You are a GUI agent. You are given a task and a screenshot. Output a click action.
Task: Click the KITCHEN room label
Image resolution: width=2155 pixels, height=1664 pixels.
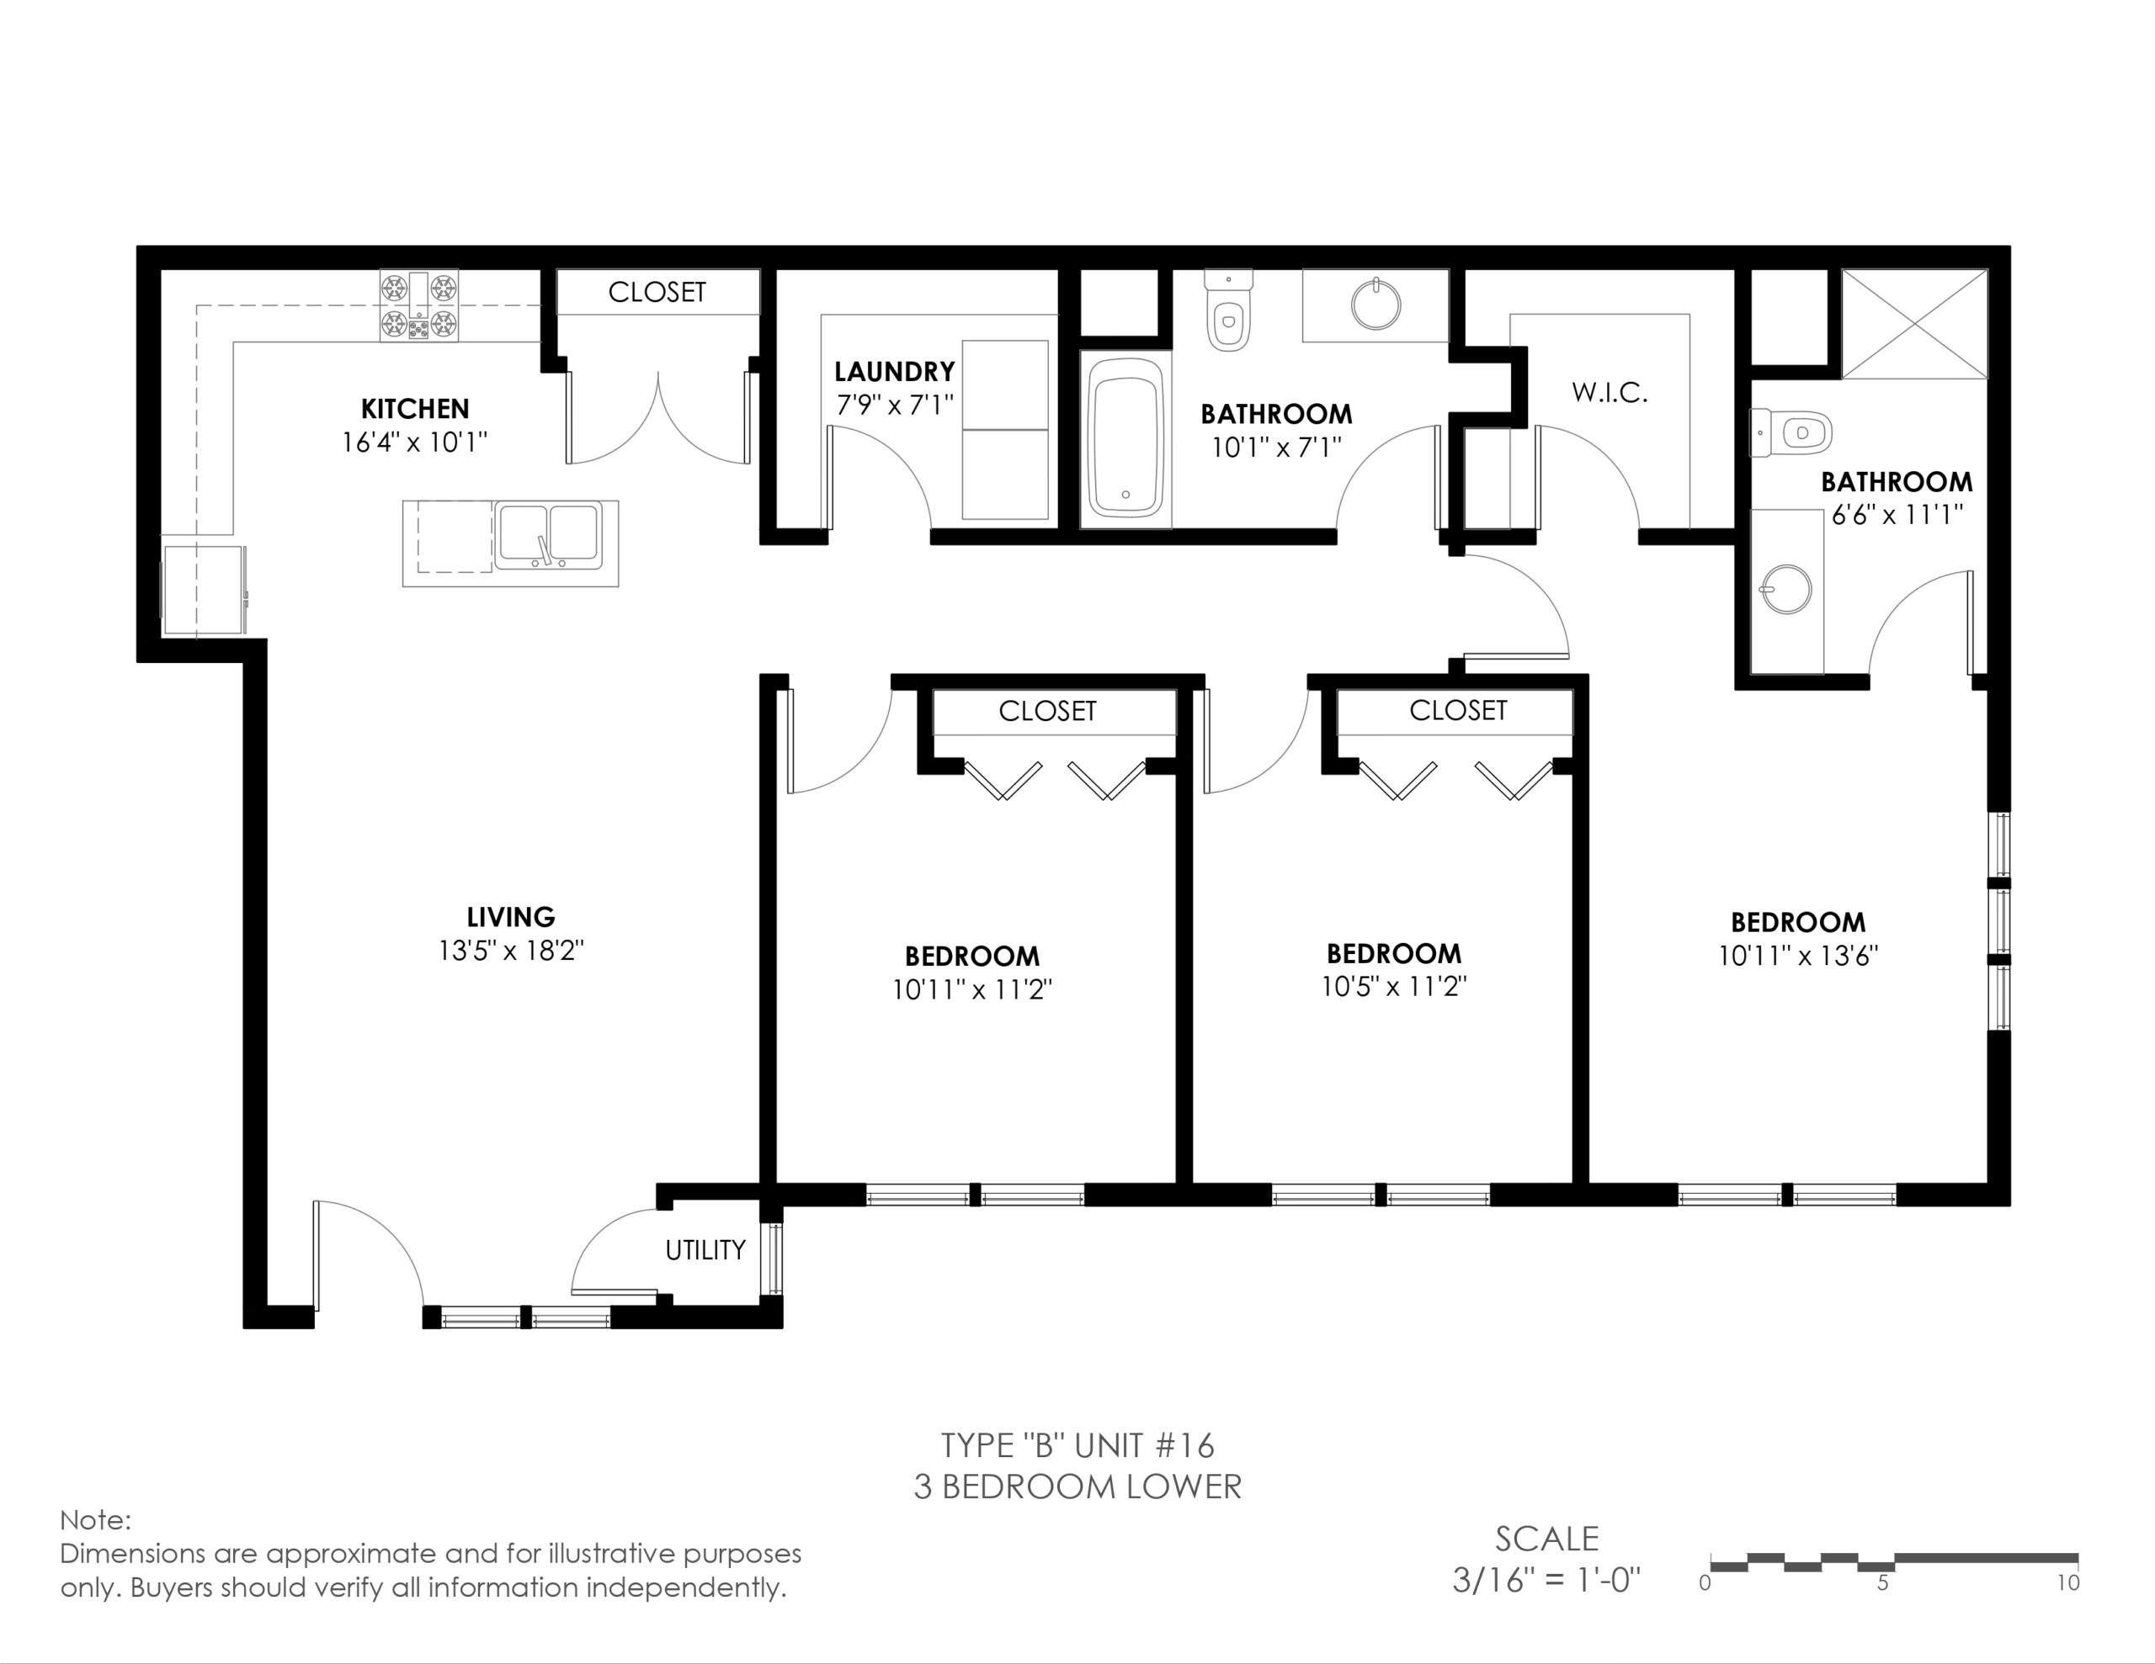(x=414, y=408)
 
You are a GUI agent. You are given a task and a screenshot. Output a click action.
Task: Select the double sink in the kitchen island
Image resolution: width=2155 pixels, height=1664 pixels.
(x=549, y=534)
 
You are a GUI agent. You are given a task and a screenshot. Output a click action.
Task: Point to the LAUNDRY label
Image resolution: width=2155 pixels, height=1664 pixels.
(x=894, y=372)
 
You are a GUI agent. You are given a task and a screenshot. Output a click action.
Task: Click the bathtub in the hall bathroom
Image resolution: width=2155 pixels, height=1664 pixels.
(x=1125, y=438)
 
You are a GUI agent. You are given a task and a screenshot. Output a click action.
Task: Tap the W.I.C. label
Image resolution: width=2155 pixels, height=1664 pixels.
(x=1610, y=393)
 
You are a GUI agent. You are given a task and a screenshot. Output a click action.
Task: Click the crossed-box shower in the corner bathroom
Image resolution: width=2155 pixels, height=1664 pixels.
(x=1914, y=324)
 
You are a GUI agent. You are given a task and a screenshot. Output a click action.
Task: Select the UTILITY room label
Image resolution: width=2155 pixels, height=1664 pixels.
(x=705, y=1250)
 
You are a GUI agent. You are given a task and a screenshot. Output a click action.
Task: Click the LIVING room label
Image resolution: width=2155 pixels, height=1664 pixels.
(x=510, y=916)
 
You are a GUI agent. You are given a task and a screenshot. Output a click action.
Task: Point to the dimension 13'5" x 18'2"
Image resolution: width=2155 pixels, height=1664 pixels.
(x=511, y=951)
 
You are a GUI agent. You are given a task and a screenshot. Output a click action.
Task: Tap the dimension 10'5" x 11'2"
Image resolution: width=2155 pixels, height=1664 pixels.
(x=1394, y=986)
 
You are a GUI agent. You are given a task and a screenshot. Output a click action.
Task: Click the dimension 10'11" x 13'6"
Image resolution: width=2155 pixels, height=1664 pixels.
(x=1798, y=956)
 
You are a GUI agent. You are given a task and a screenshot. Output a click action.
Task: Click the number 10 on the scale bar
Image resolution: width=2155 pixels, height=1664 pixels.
(x=2069, y=1583)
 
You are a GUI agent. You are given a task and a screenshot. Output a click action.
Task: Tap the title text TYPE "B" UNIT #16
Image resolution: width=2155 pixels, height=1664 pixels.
(x=1077, y=1445)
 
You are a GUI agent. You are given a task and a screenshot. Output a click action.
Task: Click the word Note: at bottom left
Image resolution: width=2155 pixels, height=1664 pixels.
(x=95, y=1520)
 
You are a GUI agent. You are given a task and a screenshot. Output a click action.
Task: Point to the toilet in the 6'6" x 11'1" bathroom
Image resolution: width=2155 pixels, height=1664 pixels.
(x=1790, y=433)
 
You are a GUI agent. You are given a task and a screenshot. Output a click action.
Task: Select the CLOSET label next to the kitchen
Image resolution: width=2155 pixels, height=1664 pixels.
(x=657, y=292)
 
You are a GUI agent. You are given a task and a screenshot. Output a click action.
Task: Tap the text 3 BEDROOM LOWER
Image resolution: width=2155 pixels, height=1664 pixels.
(x=1077, y=1486)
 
